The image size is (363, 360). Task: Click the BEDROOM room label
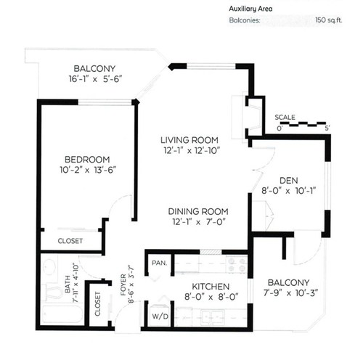tap(87, 160)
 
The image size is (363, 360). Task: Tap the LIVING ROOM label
tap(189, 140)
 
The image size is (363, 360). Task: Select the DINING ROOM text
tap(198, 211)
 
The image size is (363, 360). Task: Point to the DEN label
tap(289, 181)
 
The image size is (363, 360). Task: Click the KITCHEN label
tap(211, 287)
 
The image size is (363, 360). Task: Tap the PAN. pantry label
tap(160, 263)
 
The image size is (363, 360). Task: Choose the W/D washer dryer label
tap(160, 316)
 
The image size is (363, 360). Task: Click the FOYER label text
tap(123, 285)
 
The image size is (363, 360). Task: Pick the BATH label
tap(68, 284)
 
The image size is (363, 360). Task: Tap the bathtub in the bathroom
tap(62, 314)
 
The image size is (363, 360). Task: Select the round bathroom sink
tap(49, 267)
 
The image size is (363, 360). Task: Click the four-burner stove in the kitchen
tap(237, 264)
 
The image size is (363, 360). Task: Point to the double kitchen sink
tap(212, 316)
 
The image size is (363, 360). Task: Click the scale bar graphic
tap(303, 124)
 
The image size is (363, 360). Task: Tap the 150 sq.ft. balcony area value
tap(329, 20)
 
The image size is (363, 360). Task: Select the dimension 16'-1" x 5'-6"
tap(95, 79)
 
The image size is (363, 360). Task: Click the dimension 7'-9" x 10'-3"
tap(290, 293)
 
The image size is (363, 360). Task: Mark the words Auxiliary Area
tap(250, 9)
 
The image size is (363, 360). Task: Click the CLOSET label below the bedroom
tap(70, 241)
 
